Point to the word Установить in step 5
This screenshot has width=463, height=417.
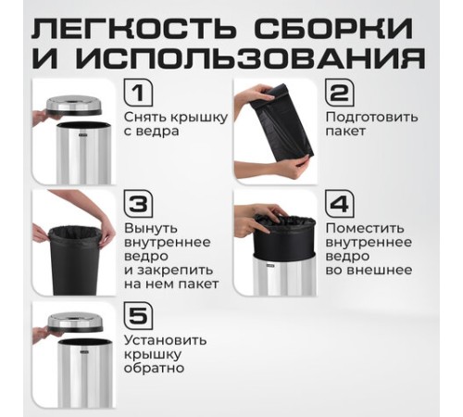point(163,340)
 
